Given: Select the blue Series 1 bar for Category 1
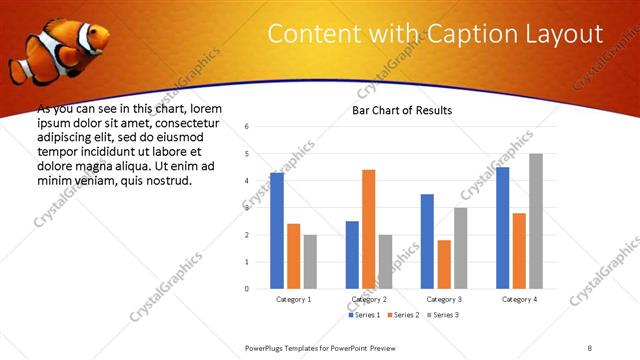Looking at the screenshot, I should click(x=277, y=230).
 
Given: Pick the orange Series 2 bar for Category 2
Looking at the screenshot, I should click(x=368, y=229).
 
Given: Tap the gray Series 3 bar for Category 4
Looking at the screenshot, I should click(x=536, y=221).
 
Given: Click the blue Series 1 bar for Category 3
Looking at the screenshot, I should click(x=427, y=241).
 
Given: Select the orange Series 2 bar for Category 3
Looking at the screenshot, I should click(x=444, y=264).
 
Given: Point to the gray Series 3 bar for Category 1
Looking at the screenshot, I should click(x=310, y=261).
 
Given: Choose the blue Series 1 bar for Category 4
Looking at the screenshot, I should click(x=502, y=227).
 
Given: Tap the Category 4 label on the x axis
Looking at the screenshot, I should click(x=519, y=299).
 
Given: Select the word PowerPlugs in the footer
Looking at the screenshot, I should click(x=267, y=347).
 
